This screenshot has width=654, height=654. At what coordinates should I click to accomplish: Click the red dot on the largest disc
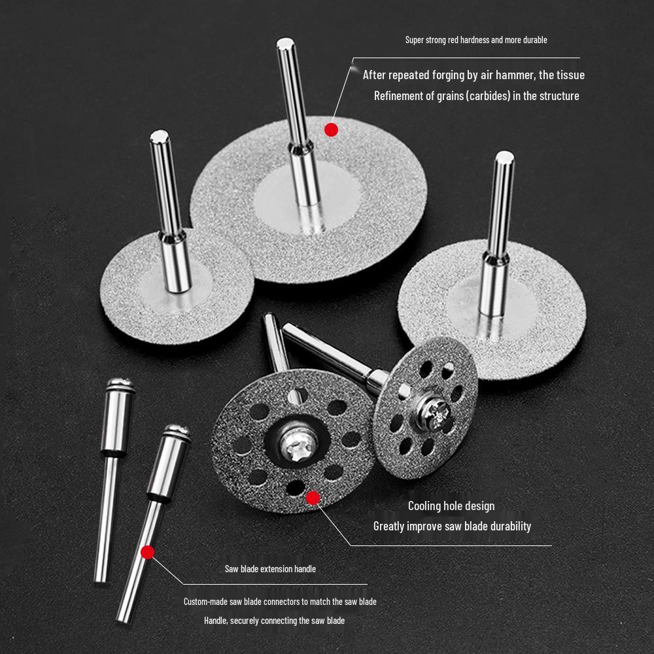click(331, 129)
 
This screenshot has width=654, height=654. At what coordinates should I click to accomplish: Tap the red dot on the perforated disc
click(313, 498)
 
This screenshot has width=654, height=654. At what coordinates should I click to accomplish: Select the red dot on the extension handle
click(147, 552)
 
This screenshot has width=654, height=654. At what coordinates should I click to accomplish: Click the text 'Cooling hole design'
click(451, 506)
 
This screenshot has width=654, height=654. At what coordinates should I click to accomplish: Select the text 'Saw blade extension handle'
click(270, 568)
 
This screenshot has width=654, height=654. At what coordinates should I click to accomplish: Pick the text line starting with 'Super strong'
click(476, 40)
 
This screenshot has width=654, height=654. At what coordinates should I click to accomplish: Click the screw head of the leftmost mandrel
click(119, 385)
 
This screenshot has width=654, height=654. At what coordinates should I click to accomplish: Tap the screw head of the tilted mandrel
click(177, 432)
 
